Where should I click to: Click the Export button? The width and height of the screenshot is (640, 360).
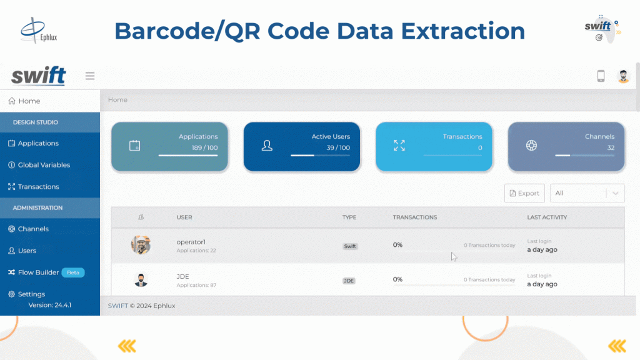524,193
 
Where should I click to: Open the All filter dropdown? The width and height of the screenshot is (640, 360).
587,193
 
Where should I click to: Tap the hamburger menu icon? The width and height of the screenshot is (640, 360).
90,76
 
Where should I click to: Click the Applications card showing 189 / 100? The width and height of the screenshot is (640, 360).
170,146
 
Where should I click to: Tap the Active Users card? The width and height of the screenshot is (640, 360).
302,146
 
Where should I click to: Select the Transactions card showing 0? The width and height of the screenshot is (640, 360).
434,146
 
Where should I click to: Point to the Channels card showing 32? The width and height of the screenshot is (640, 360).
566,146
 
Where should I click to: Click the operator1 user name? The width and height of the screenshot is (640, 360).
191,242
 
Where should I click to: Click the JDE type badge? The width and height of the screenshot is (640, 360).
349,281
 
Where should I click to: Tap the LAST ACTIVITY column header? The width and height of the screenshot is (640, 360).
547,217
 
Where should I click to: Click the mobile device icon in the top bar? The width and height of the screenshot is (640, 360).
601,76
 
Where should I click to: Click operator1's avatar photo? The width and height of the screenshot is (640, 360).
141,245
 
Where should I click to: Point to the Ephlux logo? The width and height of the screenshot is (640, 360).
39,30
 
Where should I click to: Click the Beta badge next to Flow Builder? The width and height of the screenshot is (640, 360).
73,272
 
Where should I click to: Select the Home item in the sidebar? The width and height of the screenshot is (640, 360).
24,101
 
